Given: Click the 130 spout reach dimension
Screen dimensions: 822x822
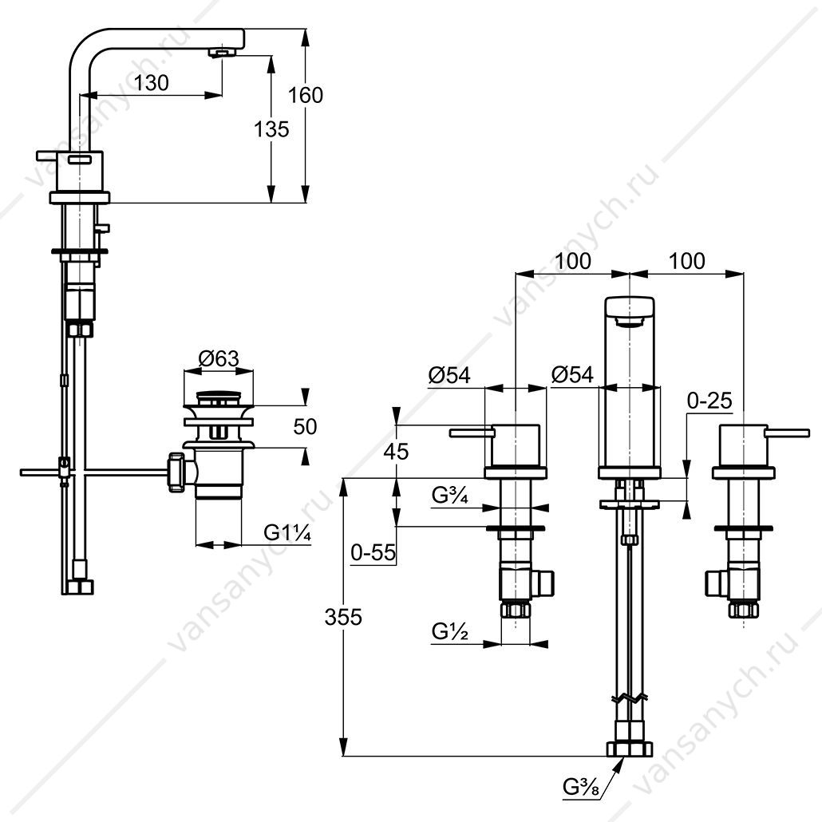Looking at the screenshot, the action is tap(151, 83).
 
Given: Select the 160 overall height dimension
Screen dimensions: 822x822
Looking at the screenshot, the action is tap(305, 96).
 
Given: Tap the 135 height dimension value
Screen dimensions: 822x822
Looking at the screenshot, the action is tap(271, 129).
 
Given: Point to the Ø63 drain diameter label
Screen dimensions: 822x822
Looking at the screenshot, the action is tap(219, 359).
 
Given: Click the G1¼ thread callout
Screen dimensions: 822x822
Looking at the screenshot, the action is tap(287, 532).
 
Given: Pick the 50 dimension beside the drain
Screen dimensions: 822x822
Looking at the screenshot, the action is tap(305, 427).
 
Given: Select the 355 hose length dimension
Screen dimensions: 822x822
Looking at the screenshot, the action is tap(343, 617).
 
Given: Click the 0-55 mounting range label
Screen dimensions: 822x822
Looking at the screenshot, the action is tap(373, 552).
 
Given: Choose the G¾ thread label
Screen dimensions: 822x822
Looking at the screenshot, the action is tap(450, 495).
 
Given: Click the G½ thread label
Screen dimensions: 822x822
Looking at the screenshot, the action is tap(450, 632).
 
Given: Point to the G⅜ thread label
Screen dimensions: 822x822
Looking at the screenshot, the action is tap(580, 786).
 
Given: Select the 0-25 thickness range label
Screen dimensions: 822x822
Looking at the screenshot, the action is tap(709, 401).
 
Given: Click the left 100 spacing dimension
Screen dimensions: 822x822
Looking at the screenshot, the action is tap(573, 260).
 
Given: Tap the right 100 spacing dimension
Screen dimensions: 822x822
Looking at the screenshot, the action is tap(687, 260).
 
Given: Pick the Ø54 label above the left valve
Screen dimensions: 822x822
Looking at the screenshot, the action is tap(449, 375).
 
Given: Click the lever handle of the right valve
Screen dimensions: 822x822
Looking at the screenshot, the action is tap(788, 433).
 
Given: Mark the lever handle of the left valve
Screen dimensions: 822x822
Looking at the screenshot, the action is tap(472, 433).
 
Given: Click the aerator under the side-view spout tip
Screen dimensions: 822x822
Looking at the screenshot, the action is tap(223, 53).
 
